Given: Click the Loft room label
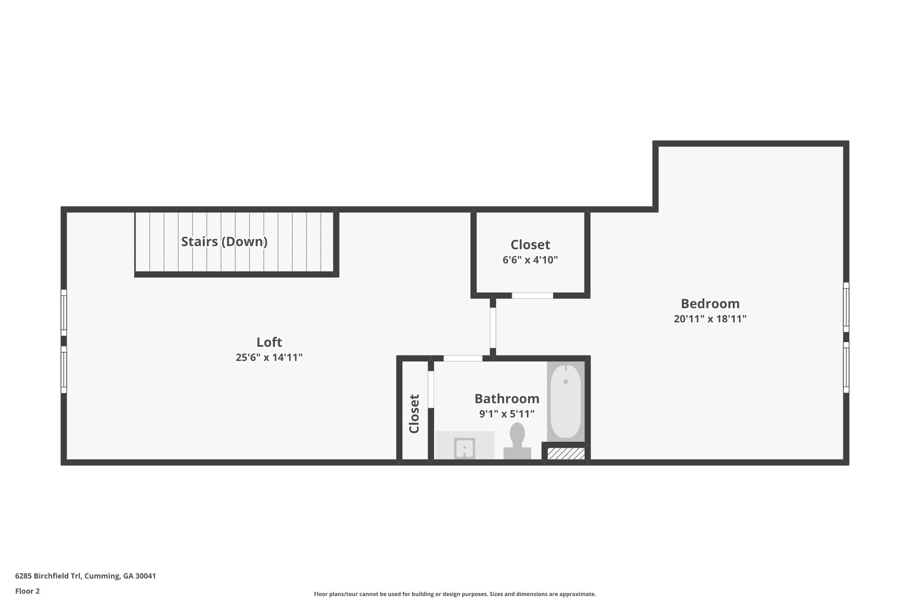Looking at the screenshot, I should (269, 342).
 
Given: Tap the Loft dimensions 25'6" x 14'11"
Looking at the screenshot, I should (269, 357).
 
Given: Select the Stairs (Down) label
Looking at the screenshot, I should (224, 242).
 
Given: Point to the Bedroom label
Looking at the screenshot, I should (710, 304).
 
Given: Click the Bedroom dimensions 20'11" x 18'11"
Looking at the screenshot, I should (710, 319).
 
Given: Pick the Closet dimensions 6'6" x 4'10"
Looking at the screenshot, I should (530, 260).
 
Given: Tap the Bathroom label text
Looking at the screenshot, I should (507, 399).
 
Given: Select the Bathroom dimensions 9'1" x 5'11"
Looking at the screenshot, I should (507, 414).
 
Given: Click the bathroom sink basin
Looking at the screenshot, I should (464, 448).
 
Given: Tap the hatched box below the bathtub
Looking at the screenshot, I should (566, 454).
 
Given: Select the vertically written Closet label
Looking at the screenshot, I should (414, 414).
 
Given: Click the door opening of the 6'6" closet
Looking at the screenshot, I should (532, 295).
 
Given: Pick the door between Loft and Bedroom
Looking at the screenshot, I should (493, 328).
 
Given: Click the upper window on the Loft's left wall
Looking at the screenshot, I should (64, 313).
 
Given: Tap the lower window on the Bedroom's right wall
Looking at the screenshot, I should (846, 367).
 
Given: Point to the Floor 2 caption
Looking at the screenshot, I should (28, 591).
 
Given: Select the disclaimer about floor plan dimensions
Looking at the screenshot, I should (455, 594).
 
